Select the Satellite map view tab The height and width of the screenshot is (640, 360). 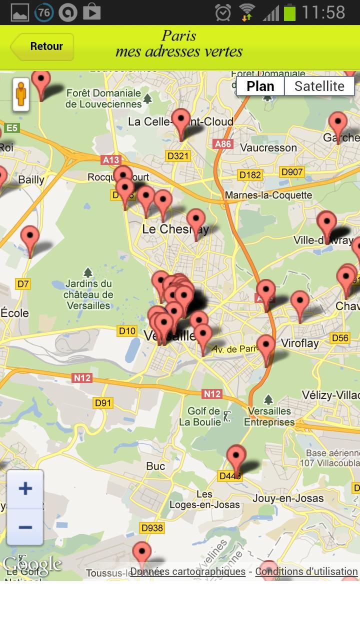(319, 86)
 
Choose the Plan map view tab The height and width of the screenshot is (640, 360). (260, 86)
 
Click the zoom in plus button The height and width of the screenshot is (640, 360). (25, 488)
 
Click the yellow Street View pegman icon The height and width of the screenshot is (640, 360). (20, 93)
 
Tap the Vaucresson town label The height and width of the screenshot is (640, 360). (268, 147)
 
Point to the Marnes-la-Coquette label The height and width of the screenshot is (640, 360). (268, 195)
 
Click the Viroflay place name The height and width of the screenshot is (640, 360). (299, 343)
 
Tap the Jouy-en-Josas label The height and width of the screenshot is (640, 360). (288, 498)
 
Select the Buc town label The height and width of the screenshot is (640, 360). (155, 466)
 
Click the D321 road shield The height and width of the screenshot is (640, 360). (177, 155)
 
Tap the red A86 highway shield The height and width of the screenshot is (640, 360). (222, 144)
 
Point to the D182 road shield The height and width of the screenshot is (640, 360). (250, 174)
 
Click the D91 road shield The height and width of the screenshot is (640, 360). (103, 402)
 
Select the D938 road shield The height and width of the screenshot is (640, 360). (152, 527)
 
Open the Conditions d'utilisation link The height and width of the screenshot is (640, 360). (306, 571)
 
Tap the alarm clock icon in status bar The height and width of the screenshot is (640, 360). (223, 12)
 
